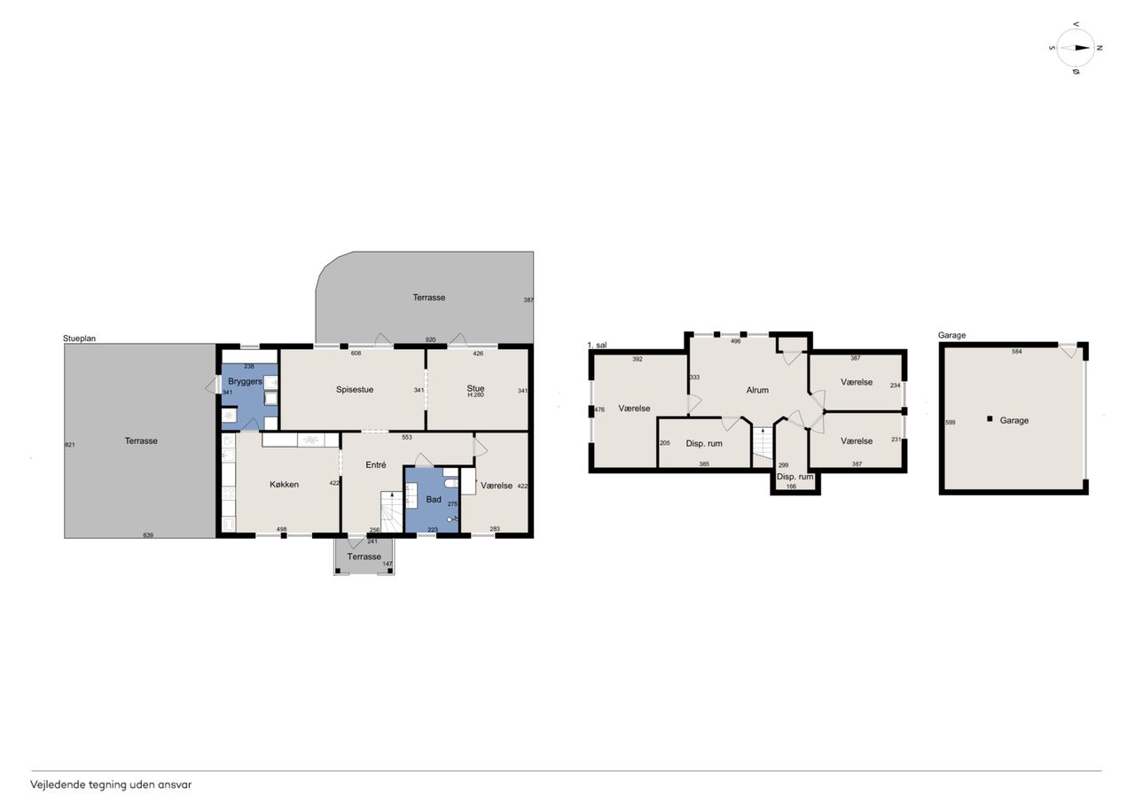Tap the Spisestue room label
click(354, 389)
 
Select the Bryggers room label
click(245, 381)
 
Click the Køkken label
click(284, 485)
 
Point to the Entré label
click(375, 464)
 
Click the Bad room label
click(434, 499)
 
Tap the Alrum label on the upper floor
click(757, 390)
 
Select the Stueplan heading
click(79, 339)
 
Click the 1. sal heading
click(597, 345)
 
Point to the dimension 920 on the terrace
click(430, 339)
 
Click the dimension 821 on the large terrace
click(69, 445)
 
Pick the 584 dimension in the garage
click(1016, 352)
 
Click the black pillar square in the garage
click(990, 418)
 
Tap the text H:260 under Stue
click(475, 395)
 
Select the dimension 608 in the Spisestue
click(356, 354)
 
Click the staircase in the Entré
click(392, 511)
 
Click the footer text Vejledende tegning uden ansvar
click(111, 785)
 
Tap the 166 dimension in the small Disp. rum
click(791, 486)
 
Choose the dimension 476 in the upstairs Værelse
click(599, 409)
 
